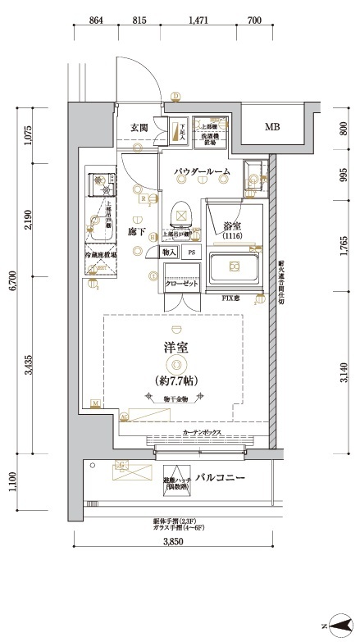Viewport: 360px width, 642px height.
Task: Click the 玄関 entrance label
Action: tap(139, 128)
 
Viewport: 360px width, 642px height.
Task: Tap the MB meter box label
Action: tap(271, 127)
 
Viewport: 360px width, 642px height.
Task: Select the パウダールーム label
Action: tap(201, 172)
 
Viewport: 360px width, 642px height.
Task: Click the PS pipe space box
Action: tap(192, 253)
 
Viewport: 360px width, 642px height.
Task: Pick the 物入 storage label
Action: tap(169, 253)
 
